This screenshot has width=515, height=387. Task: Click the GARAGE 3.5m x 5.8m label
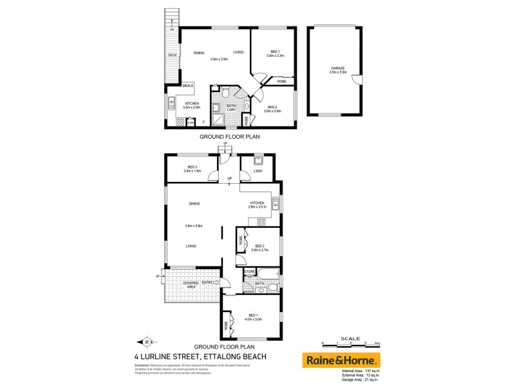click(339, 70)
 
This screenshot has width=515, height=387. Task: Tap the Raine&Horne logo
click(341, 360)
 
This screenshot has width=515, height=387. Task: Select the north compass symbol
click(145, 342)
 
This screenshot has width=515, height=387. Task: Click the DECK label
click(172, 55)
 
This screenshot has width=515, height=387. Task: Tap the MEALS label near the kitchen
click(188, 85)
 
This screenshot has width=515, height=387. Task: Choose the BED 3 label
click(191, 169)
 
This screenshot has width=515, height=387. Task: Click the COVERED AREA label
click(190, 284)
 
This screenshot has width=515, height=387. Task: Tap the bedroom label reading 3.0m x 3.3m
click(276, 54)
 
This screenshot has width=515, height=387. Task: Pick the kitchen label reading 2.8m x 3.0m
click(257, 205)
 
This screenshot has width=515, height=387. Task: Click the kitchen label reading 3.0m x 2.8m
click(192, 106)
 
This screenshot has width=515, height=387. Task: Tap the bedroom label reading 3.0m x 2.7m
click(260, 248)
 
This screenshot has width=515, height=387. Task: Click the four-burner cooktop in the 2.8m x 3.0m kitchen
click(261, 222)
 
